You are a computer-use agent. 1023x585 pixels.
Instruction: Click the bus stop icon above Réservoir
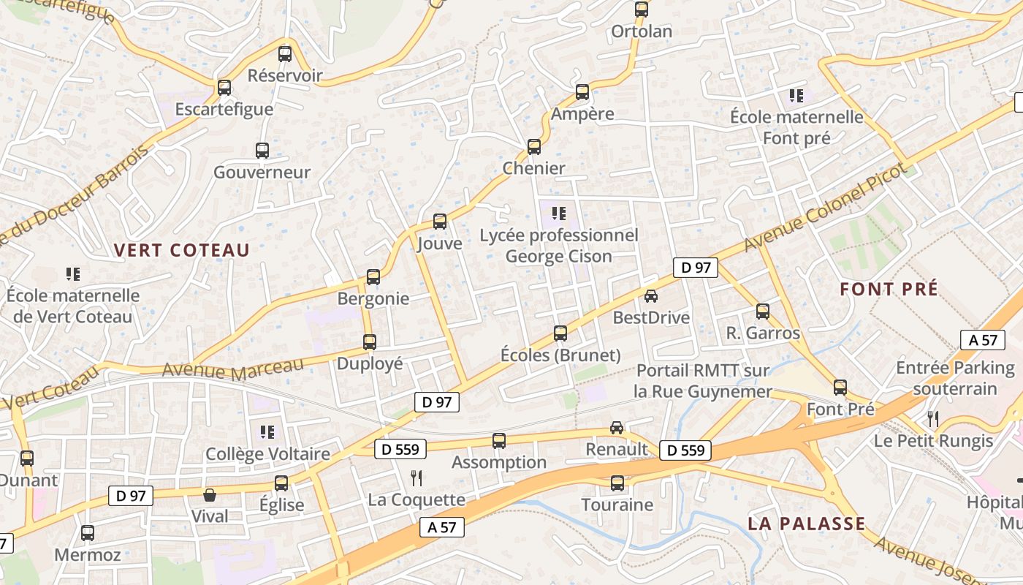(x=285, y=53)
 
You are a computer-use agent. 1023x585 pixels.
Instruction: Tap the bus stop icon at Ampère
(x=582, y=92)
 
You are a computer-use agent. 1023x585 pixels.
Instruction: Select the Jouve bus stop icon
(x=440, y=221)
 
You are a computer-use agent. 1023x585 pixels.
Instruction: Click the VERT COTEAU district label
(x=182, y=250)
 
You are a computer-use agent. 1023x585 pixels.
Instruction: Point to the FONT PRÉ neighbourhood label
(x=889, y=289)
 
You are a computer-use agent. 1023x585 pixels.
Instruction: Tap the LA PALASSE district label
(x=807, y=524)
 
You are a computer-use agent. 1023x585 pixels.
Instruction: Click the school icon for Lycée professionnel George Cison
(x=559, y=214)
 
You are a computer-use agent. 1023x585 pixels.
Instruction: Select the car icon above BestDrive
(x=651, y=296)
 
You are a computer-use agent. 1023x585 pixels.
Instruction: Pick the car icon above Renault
(x=617, y=428)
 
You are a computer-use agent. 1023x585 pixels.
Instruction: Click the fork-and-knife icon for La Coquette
(x=417, y=478)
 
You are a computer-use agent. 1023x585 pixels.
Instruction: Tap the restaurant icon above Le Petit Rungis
(x=933, y=419)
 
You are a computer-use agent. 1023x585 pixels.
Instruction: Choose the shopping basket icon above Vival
(x=210, y=495)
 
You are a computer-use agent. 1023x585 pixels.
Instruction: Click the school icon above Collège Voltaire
(x=267, y=432)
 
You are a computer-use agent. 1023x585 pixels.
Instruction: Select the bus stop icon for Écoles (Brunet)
(x=560, y=333)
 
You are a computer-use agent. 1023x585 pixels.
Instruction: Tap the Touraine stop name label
(x=617, y=505)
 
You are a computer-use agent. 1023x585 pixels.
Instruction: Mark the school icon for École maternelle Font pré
(x=796, y=95)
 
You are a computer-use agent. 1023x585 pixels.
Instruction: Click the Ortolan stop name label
(x=642, y=31)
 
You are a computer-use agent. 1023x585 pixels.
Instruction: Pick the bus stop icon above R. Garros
(x=763, y=312)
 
